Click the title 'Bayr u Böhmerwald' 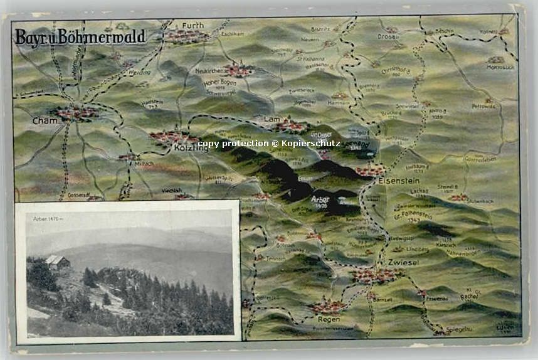point(80,37)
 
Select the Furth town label point(193,25)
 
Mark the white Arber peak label point(320,200)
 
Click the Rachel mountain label point(468,297)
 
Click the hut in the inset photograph point(57,262)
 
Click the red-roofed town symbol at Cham point(76,113)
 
